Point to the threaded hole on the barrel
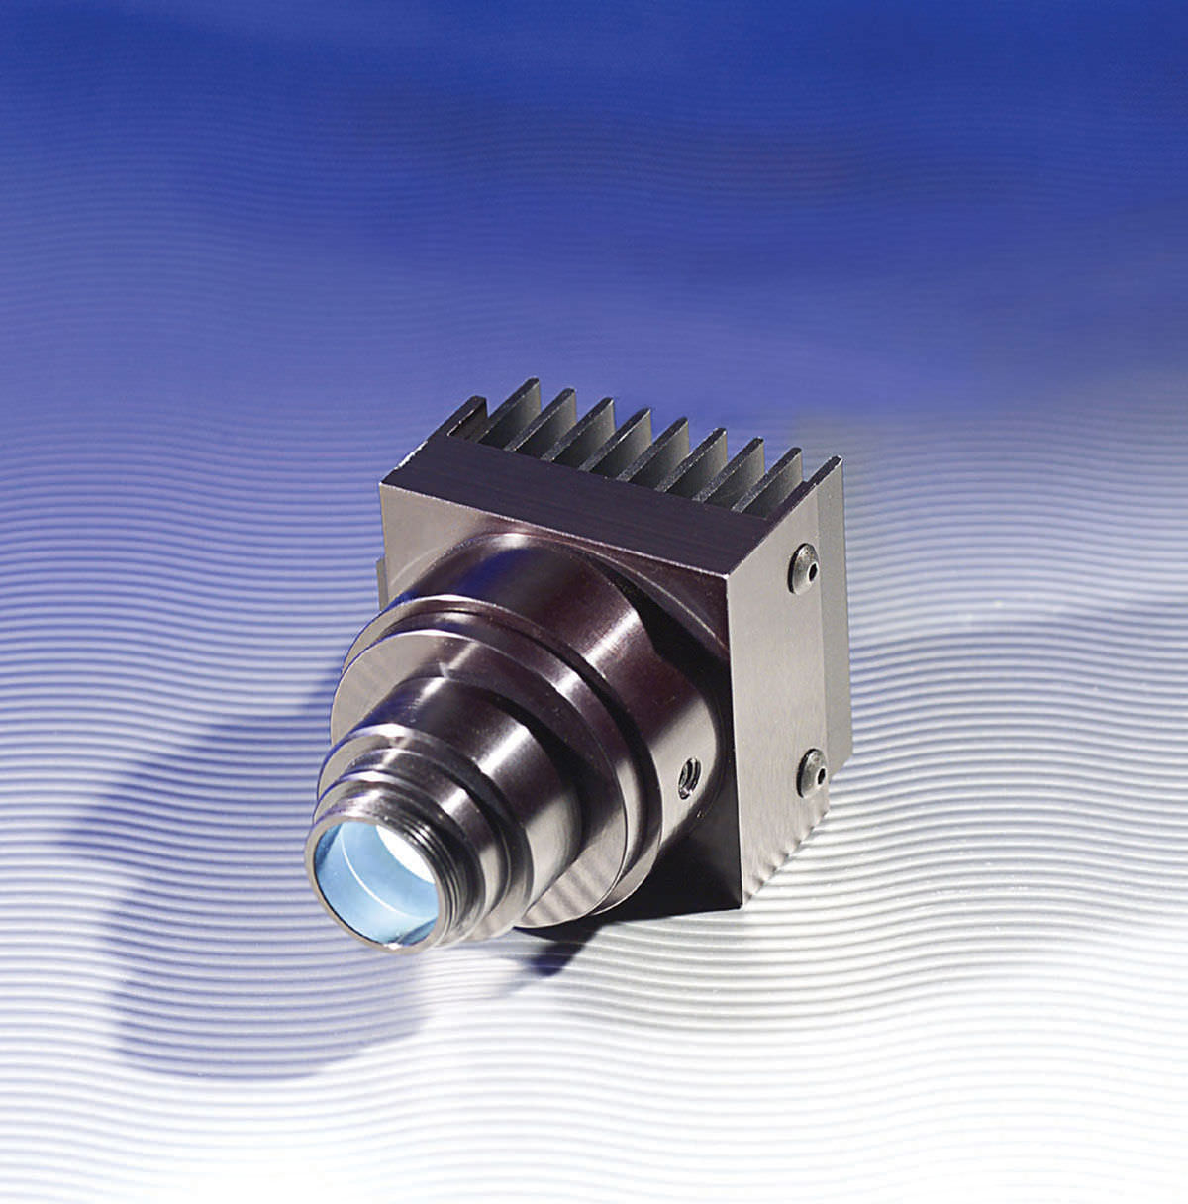point(685,780)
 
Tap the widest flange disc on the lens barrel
point(465,634)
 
